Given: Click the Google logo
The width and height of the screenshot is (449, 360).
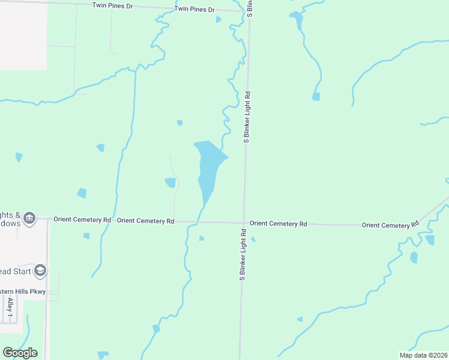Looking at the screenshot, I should click(x=20, y=353).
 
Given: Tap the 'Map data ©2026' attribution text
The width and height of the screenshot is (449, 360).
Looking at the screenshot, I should click(x=423, y=355).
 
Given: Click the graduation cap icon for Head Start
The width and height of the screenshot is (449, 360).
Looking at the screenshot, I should click(x=40, y=271).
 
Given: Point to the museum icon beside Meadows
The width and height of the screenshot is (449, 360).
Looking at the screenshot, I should click(x=29, y=217).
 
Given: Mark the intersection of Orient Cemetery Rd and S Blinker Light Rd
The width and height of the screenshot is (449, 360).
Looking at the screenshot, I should click(x=244, y=223).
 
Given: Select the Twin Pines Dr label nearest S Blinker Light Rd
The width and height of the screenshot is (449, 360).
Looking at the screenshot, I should click(x=194, y=10).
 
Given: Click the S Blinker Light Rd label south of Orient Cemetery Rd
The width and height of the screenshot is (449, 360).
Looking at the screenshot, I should click(x=243, y=255).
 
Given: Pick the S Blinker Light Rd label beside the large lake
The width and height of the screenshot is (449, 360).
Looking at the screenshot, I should click(x=246, y=117).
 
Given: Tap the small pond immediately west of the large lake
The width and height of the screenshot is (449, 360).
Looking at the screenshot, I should click(x=170, y=182).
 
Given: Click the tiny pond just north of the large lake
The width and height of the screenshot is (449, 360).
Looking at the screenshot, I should click(x=179, y=123).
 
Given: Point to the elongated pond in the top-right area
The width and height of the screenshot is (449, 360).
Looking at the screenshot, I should click(x=297, y=20).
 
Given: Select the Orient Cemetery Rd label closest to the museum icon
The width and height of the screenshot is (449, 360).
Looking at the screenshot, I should click(x=82, y=220).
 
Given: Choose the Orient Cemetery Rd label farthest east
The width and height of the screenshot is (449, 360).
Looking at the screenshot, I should click(x=390, y=224).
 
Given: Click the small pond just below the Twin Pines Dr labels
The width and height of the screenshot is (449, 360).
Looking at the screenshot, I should click(x=218, y=19).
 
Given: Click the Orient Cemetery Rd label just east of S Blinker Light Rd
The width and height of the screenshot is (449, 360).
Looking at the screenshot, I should click(x=278, y=223).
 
